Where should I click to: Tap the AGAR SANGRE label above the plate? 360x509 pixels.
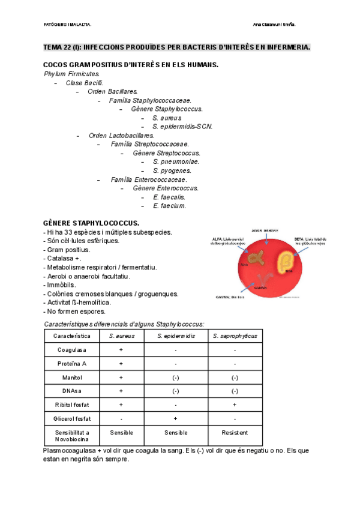pos(265,230)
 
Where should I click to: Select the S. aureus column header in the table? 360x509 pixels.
pos(121,336)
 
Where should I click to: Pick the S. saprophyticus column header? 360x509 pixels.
pos(235,336)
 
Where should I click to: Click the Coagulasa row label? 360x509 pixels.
pos(71,350)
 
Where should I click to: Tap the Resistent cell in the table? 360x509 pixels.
pos(235,433)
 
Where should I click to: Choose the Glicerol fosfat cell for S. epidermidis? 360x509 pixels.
pos(175,418)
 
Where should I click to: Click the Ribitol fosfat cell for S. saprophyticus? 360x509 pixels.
pos(235,405)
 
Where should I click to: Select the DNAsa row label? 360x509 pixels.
pos(71,391)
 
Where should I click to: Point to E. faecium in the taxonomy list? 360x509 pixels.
pos(169,205)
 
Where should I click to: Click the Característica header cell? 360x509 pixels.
pos(71,336)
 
